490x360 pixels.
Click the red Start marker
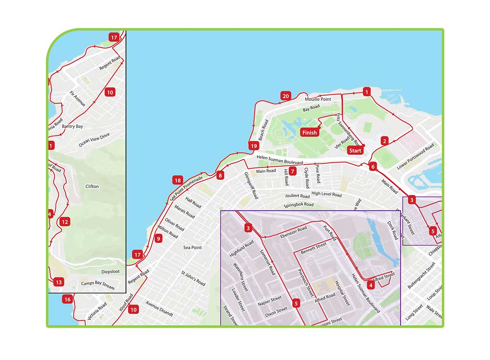point(355,150)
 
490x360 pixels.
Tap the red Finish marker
point(310,132)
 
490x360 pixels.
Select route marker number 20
point(286,96)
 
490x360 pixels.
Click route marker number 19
point(254,146)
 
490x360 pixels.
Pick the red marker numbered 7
point(293,171)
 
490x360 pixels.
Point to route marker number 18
point(177,180)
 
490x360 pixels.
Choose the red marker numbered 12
point(65,222)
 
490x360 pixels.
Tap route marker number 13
point(58,282)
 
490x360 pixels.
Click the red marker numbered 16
point(67,300)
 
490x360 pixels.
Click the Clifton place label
point(92,186)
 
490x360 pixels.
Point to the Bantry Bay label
point(72,126)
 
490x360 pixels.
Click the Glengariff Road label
point(251,185)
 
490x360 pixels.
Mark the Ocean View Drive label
point(94,140)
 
